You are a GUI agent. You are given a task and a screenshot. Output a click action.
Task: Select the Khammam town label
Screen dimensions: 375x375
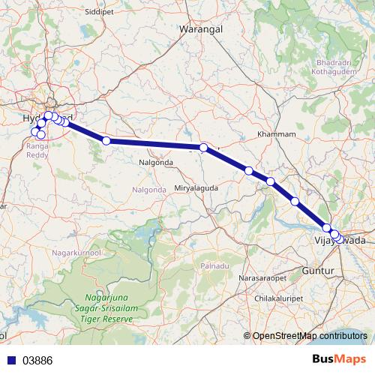tap(273, 133)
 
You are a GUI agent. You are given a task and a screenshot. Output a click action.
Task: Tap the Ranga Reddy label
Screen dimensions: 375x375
tap(38, 150)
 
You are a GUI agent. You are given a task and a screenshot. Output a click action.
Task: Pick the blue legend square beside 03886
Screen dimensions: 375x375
tap(10, 360)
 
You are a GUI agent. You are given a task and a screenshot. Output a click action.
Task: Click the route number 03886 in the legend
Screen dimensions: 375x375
tap(37, 360)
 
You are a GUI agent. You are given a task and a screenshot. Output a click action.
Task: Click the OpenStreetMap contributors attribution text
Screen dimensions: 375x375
tap(310, 336)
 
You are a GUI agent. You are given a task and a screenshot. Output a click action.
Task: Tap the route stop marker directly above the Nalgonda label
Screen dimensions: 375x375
tap(203, 148)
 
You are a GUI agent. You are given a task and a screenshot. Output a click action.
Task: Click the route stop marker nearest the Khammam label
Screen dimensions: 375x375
tap(248, 171)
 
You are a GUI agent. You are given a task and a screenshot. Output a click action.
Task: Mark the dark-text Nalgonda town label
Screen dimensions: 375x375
tap(157, 162)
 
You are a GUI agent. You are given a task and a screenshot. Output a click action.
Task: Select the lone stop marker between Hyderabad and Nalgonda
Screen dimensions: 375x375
tap(106, 140)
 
